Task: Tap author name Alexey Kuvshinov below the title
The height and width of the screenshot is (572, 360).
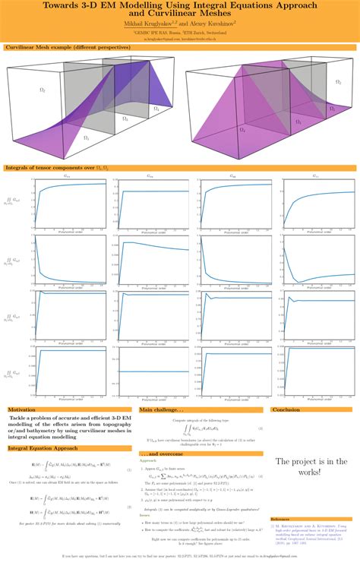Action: click(206, 24)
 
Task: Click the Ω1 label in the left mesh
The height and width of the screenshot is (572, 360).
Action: click(86, 138)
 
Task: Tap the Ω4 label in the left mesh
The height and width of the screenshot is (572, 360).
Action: click(156, 109)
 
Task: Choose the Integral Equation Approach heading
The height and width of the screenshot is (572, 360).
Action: click(42, 449)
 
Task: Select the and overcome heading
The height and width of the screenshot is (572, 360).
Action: click(160, 453)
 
